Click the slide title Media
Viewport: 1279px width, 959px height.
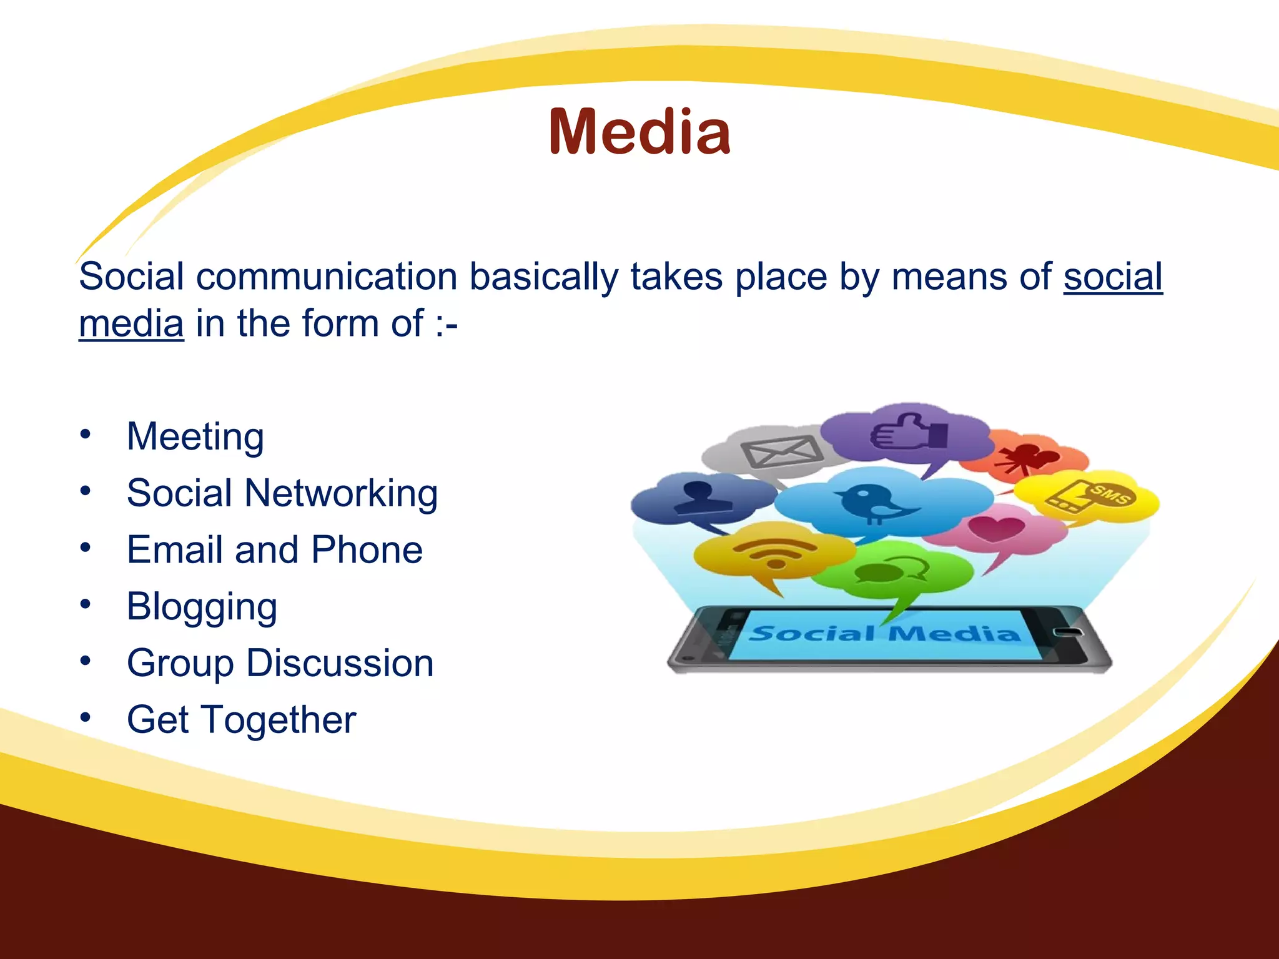(639, 132)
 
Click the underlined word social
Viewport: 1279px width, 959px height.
(1113, 276)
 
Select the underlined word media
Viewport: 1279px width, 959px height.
(131, 323)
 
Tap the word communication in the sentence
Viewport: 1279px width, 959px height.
(327, 276)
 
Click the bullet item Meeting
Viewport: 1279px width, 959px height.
(195, 436)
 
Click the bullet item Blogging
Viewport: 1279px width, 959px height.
(202, 607)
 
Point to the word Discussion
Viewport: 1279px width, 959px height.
(340, 663)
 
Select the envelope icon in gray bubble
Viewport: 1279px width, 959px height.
(781, 451)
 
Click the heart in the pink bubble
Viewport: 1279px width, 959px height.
(995, 529)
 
